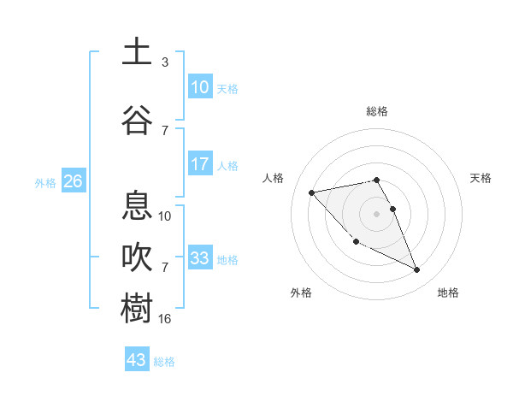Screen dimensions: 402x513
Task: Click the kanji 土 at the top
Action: point(137,51)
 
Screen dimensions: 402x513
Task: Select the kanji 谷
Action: point(137,120)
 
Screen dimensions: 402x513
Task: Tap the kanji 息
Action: point(137,206)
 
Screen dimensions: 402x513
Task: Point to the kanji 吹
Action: point(137,257)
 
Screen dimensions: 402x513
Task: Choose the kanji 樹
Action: point(137,309)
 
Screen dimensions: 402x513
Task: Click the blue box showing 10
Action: point(200,87)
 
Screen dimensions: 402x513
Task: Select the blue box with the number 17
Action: point(200,164)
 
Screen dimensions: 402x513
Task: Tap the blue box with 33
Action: point(200,258)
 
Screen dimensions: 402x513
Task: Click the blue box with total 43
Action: point(137,360)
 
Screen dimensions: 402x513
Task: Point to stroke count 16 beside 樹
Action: point(165,319)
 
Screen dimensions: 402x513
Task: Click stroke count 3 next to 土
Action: point(165,62)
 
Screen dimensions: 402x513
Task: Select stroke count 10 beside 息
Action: point(165,216)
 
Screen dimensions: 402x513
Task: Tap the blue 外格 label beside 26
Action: point(45,182)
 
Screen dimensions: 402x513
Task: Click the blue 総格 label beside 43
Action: point(165,362)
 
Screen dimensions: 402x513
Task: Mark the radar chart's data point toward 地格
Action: point(417,270)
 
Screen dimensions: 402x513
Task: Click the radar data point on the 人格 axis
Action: point(311,192)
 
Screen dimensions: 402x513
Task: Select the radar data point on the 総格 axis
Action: point(376,180)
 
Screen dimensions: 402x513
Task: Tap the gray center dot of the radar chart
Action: point(376,213)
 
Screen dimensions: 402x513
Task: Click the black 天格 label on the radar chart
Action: point(481,178)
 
